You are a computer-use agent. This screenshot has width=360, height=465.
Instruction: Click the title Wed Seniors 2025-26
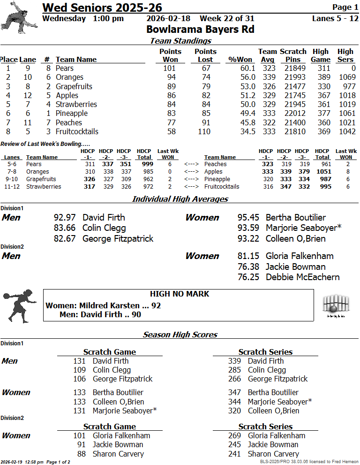[x=102, y=8]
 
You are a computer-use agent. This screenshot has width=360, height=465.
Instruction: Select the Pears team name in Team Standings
[x=65, y=69]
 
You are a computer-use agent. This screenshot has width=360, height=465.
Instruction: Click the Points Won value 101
[x=169, y=69]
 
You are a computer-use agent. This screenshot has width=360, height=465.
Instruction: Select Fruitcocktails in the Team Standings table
[x=77, y=131]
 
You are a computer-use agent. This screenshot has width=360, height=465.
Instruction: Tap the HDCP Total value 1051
[x=323, y=172]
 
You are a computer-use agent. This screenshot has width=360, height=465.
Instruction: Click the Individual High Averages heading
[x=180, y=199]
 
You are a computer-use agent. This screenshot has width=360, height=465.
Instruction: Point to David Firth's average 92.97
[x=65, y=218]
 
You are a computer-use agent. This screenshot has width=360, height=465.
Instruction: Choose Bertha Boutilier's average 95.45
[x=248, y=218]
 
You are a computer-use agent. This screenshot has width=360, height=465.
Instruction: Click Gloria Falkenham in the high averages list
[x=300, y=256]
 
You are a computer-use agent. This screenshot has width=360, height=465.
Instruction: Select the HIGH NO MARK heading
[x=180, y=294]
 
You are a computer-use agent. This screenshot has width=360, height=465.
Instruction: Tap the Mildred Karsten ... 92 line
[x=103, y=305]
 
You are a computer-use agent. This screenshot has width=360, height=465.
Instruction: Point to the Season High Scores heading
[x=180, y=335]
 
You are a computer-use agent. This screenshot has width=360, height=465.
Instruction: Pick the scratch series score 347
[x=234, y=392]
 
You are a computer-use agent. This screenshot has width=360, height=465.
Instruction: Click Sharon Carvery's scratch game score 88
[x=82, y=454]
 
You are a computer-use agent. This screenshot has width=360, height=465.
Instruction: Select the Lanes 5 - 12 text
[x=335, y=19]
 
